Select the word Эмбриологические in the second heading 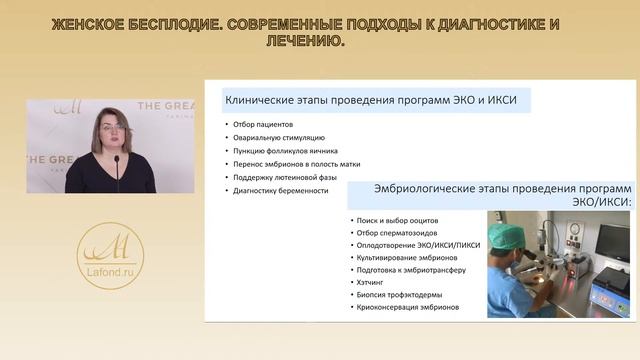(420, 190)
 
